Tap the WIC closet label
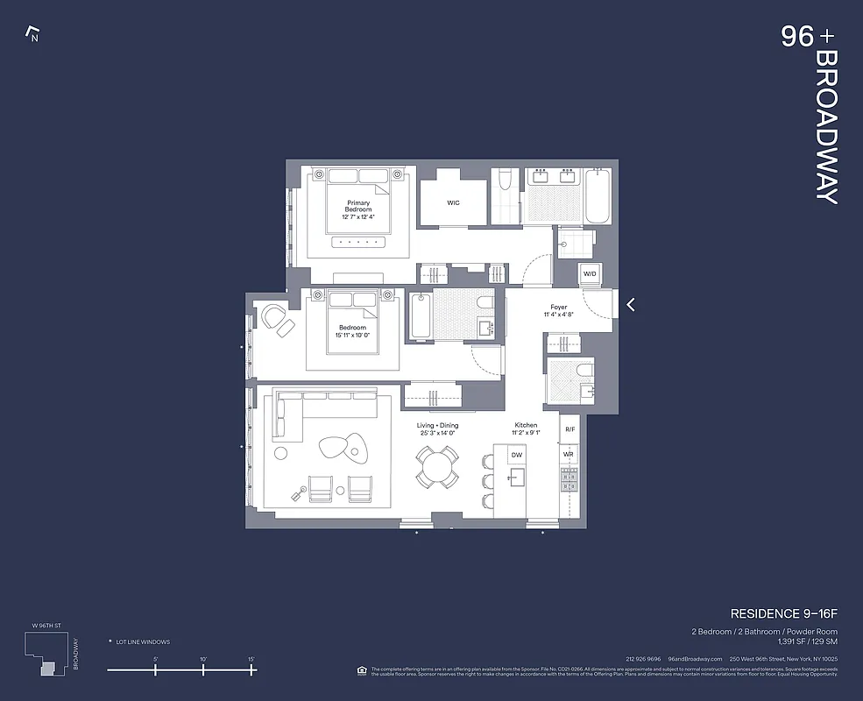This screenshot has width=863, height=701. pyautogui.click(x=453, y=202)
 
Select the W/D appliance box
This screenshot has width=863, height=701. pyautogui.click(x=590, y=274)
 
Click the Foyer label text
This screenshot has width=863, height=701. pyautogui.click(x=558, y=308)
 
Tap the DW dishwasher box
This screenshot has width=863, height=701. pyautogui.click(x=517, y=456)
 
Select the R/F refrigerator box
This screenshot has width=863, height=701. pyautogui.click(x=569, y=429)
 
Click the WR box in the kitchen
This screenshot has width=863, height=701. pyautogui.click(x=569, y=455)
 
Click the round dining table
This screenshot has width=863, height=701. pyautogui.click(x=436, y=466)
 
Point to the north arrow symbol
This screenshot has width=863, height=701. pyautogui.click(x=33, y=35)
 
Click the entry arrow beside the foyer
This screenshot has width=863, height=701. pyautogui.click(x=630, y=305)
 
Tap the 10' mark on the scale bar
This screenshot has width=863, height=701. pyautogui.click(x=203, y=669)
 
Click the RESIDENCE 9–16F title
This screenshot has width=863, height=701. pyautogui.click(x=783, y=613)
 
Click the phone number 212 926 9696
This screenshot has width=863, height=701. pyautogui.click(x=643, y=659)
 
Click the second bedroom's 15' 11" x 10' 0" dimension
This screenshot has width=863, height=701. pyautogui.click(x=352, y=334)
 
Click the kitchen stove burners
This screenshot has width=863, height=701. pyautogui.click(x=569, y=479)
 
